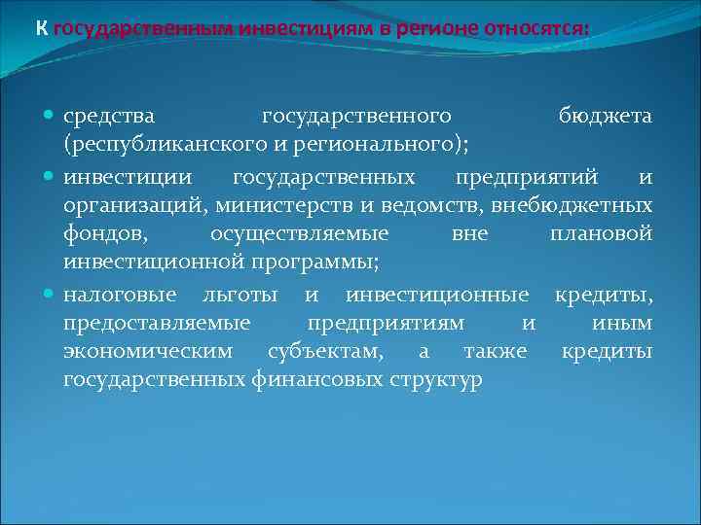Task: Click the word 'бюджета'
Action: coord(605,117)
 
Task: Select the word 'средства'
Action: coord(108,117)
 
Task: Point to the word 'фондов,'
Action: coord(99,234)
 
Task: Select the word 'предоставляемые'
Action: coord(157,323)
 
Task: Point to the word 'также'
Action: coord(496,352)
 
